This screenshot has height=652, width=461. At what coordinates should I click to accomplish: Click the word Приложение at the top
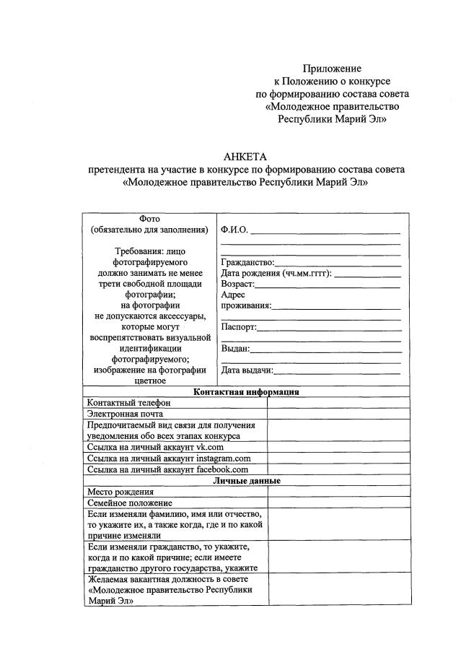click(332, 68)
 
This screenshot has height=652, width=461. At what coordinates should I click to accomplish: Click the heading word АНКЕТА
click(245, 157)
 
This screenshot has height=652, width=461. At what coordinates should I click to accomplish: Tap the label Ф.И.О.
click(234, 230)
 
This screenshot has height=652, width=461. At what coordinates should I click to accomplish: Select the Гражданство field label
click(247, 262)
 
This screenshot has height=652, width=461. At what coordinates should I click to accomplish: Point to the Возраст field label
click(238, 284)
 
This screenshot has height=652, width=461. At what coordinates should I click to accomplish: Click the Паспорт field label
click(239, 327)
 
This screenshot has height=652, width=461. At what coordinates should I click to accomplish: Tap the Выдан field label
click(236, 349)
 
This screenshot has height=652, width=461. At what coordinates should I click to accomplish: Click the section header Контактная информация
click(246, 392)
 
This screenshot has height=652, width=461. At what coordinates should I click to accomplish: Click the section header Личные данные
click(246, 480)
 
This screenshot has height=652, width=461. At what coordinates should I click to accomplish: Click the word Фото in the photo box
click(149, 219)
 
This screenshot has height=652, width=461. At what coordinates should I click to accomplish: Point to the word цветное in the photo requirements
click(149, 381)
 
